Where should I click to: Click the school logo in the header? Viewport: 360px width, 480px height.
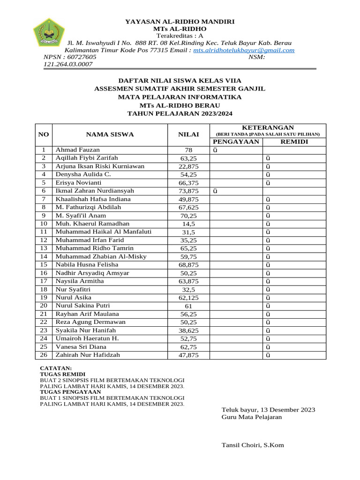(x=48, y=32)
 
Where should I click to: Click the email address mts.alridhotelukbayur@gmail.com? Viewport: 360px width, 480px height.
(x=244, y=50)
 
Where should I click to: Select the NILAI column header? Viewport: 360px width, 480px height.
(x=188, y=135)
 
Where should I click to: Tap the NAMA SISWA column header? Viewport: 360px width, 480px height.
(x=110, y=135)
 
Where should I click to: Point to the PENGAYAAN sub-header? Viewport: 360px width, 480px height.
(x=236, y=142)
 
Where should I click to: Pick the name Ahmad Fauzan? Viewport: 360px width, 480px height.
(x=78, y=150)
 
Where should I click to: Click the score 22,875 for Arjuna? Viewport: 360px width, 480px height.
(x=188, y=166)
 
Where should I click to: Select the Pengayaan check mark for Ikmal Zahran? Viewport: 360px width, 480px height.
(x=215, y=191)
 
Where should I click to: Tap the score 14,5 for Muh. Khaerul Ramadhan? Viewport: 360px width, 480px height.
(x=188, y=224)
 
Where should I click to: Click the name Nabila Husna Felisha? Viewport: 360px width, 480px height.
(x=87, y=264)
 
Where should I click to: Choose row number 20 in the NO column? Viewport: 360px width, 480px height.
(x=44, y=306)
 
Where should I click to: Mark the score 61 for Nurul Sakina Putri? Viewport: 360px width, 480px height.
(x=188, y=306)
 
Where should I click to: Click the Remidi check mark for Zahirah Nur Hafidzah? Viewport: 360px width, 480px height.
(x=268, y=355)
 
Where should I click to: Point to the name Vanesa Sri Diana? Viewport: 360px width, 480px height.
(x=81, y=346)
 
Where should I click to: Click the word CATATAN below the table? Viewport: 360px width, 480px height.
(x=56, y=368)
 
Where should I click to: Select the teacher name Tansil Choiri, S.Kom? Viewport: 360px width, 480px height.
(x=253, y=445)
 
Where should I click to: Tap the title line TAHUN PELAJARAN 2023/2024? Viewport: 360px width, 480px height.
(x=180, y=113)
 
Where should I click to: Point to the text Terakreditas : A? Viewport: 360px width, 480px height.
(x=180, y=35)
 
